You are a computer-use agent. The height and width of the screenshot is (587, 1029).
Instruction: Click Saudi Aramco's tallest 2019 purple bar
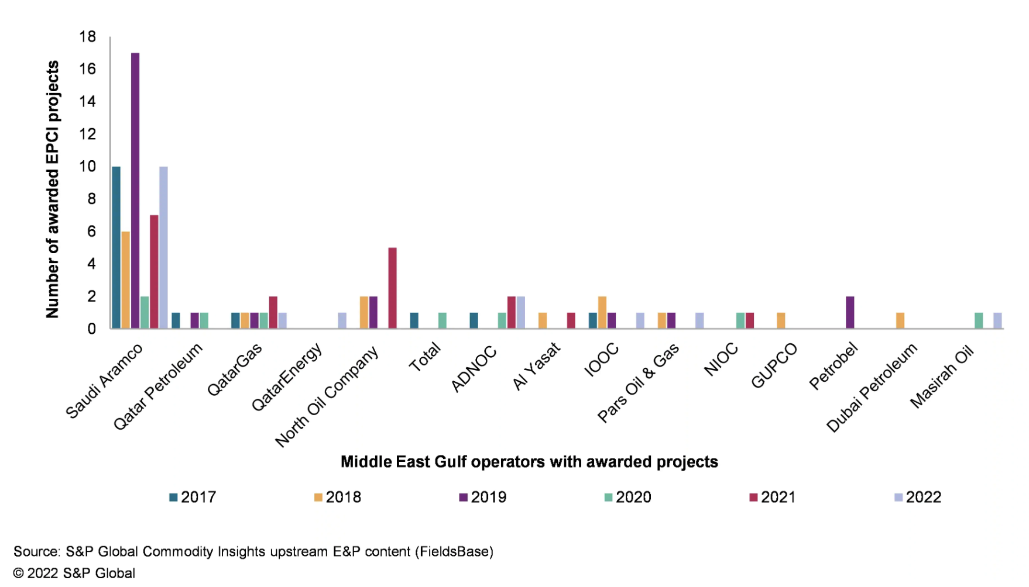point(135,191)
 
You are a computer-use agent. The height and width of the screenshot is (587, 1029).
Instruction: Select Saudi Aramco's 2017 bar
point(116,247)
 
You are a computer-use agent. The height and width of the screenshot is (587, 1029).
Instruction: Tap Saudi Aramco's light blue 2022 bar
point(163,247)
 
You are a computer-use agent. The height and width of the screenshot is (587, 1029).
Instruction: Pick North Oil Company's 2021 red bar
point(392,288)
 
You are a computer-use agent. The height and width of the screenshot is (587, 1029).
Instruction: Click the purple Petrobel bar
point(850,312)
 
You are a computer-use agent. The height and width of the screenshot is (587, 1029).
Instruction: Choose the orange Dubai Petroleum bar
point(900,320)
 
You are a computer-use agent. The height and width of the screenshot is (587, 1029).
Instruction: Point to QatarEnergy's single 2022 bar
point(342,320)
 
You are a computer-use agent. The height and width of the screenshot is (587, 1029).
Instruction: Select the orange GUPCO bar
point(781,320)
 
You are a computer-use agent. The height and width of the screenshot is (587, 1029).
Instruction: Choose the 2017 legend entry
point(193,497)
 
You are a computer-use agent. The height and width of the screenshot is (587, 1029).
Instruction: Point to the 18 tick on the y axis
point(88,37)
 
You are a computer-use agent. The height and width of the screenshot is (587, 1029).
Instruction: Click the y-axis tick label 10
point(88,167)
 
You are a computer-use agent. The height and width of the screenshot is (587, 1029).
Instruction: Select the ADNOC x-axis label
point(474,368)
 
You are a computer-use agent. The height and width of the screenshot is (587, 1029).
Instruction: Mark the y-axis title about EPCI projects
point(53,189)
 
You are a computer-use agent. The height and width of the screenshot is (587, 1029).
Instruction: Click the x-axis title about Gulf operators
point(529,462)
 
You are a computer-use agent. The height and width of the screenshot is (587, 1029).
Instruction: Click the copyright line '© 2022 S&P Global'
point(74,573)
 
